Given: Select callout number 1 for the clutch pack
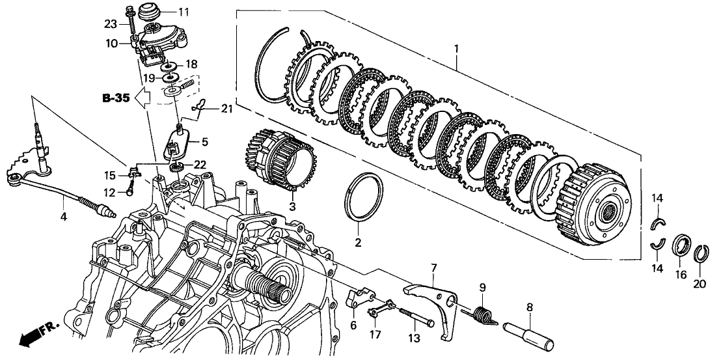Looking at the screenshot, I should click(x=456, y=49).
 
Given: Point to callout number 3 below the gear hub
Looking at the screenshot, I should click(x=292, y=206).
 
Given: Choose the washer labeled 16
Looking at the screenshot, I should click(x=682, y=247).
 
